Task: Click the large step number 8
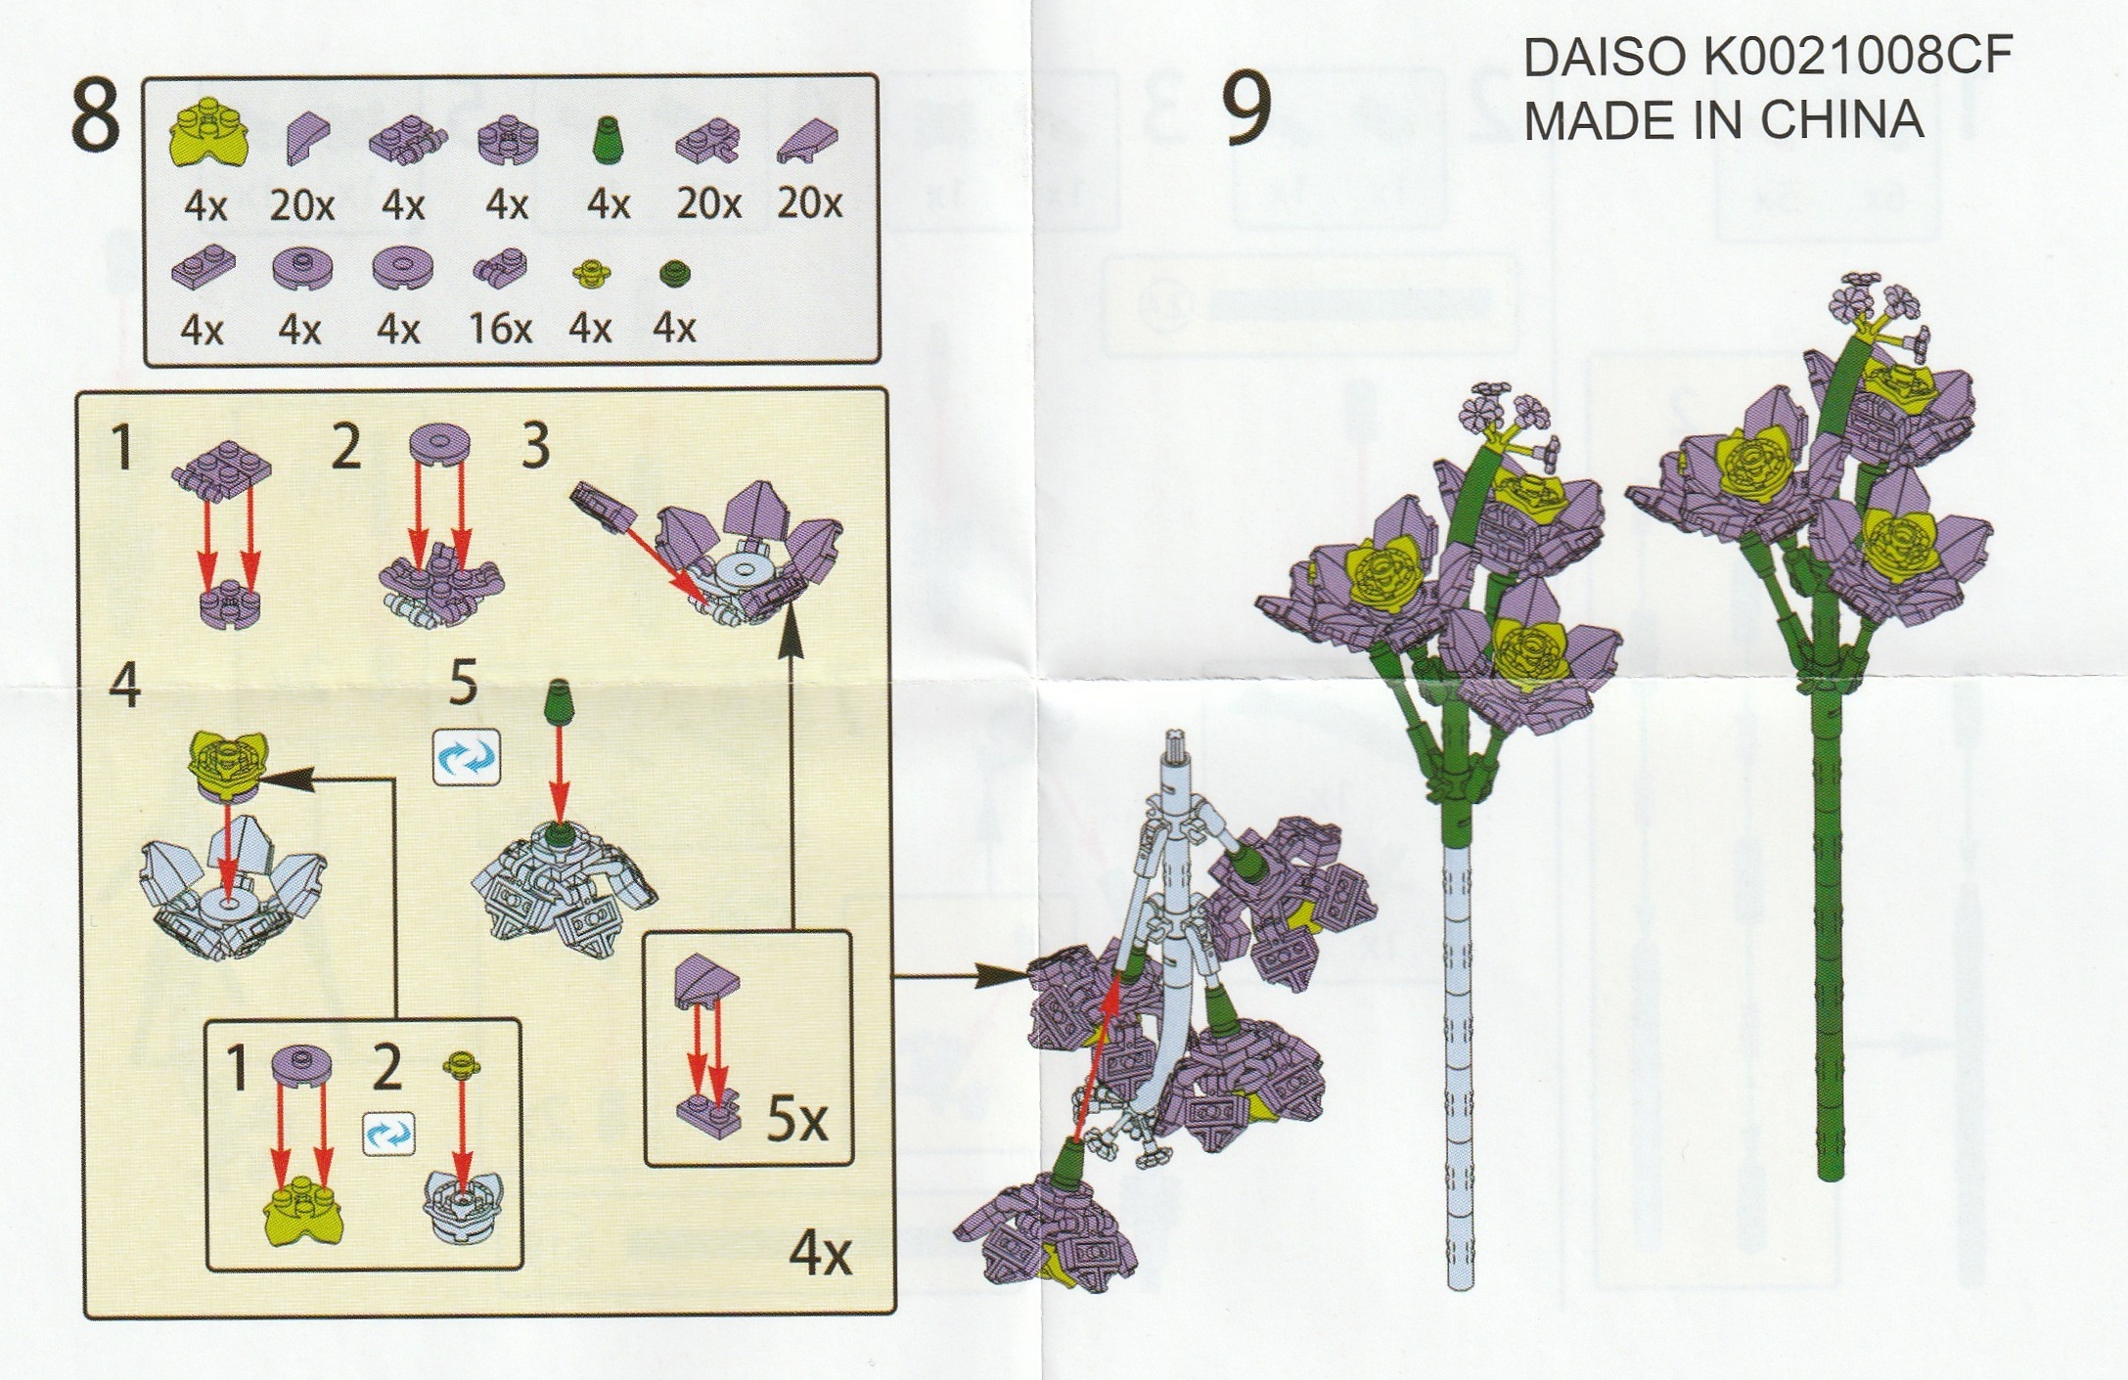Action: tap(95, 115)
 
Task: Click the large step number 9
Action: tap(1247, 108)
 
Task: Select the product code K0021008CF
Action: tap(1857, 56)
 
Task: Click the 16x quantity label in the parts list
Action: tap(500, 329)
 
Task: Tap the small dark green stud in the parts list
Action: tap(675, 273)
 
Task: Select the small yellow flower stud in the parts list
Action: tap(592, 273)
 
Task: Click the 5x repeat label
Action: tap(797, 1119)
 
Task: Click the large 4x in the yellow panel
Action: tap(821, 1253)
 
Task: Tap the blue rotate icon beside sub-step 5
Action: tap(467, 758)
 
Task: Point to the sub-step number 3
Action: tap(535, 446)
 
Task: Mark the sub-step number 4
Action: tap(124, 685)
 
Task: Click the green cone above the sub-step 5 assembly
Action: tap(559, 702)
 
